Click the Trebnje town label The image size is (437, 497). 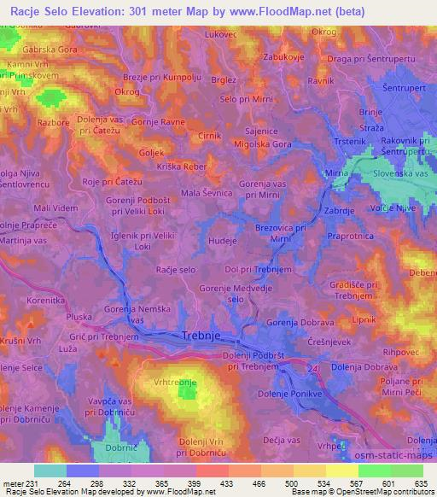pyautogui.click(x=204, y=336)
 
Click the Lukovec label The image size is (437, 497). pyautogui.click(x=220, y=35)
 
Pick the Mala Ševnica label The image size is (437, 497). pyautogui.click(x=202, y=193)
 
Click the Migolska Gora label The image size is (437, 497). pyautogui.click(x=267, y=145)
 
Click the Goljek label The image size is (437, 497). pyautogui.click(x=151, y=152)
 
